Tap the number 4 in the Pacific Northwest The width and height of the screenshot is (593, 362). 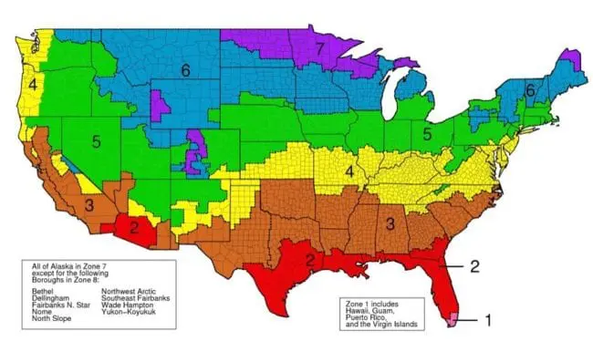32,84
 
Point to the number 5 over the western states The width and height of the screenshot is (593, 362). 95,141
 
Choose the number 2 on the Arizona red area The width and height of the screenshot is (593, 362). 133,226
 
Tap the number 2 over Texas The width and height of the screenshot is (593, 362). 310,261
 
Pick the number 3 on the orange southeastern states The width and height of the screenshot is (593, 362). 389,222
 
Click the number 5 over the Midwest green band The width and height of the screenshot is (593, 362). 427,134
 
